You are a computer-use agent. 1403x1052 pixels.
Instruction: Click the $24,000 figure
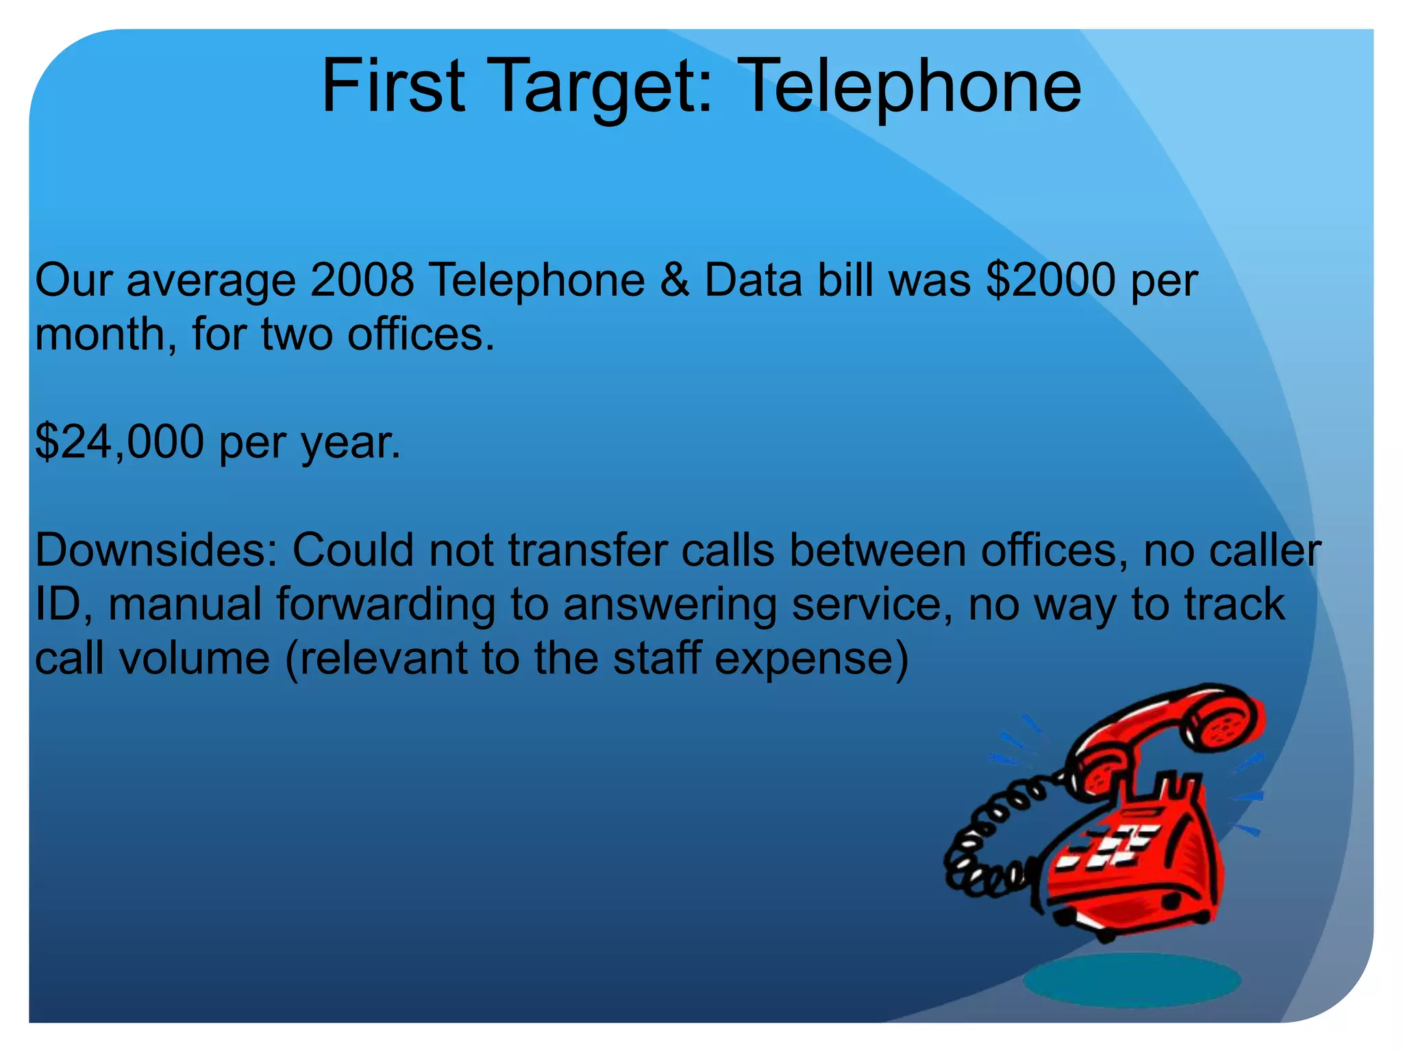(119, 441)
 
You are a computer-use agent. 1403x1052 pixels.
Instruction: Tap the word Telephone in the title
(910, 87)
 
